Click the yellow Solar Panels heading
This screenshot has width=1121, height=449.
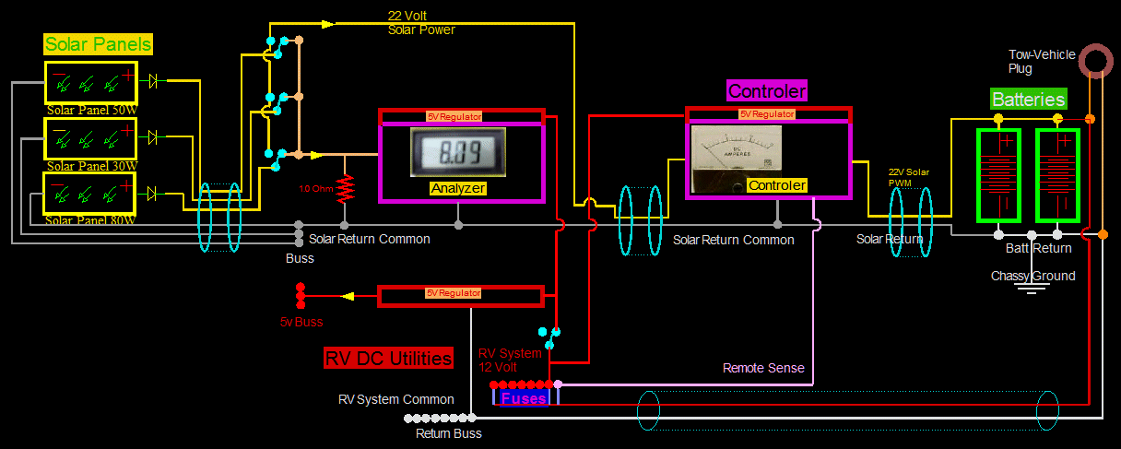(x=99, y=44)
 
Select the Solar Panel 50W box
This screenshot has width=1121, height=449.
(x=91, y=83)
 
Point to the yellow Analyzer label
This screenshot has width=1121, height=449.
(x=457, y=188)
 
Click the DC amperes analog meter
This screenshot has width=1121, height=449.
(x=736, y=152)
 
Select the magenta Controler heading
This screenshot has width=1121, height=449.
(x=767, y=90)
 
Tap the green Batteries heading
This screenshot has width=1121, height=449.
(x=1028, y=100)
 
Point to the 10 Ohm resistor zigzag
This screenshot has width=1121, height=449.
(x=346, y=188)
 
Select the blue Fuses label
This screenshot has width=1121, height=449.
(x=523, y=398)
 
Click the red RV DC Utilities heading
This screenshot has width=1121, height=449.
(x=388, y=359)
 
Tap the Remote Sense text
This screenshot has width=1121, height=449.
(x=762, y=368)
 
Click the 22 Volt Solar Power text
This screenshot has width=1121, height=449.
(x=420, y=23)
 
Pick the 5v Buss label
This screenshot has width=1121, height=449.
(x=301, y=322)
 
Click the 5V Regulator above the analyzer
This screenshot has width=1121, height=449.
(x=461, y=116)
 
